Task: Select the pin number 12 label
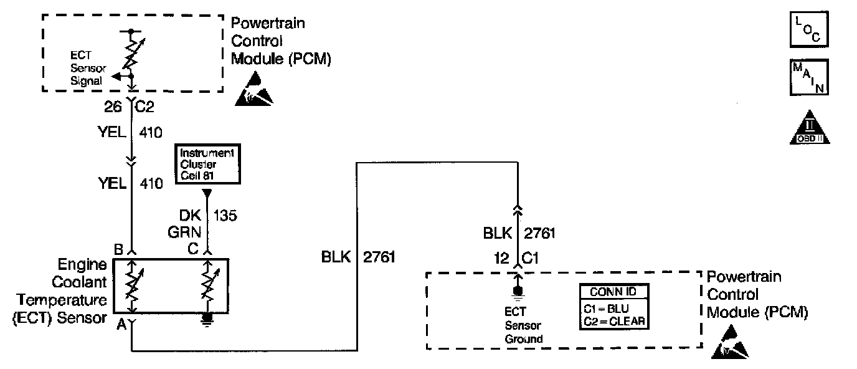[x=500, y=257]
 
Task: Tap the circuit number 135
[x=225, y=216]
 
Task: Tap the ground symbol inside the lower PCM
[x=516, y=292]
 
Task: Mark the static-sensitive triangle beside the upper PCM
[x=255, y=88]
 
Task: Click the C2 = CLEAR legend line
[x=612, y=322]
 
